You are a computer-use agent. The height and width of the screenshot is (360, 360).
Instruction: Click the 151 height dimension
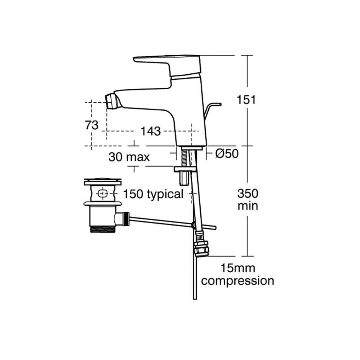246,100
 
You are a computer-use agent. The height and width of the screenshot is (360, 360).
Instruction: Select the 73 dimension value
92,125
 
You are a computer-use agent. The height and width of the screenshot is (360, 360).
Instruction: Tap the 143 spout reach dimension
151,131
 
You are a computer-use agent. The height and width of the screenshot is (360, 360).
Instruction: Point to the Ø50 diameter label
227,154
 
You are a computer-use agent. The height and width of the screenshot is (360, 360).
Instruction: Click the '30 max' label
129,157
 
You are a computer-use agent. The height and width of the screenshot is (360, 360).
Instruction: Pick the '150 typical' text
153,194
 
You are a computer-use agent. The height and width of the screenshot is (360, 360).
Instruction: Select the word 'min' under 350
248,206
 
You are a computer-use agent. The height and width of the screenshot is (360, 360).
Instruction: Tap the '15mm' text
237,268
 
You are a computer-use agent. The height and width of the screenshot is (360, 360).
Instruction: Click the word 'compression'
237,281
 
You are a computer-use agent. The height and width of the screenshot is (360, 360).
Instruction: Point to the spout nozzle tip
110,100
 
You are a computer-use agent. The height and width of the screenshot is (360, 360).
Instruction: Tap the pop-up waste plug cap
103,181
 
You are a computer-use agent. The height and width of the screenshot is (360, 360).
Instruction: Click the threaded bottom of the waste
103,229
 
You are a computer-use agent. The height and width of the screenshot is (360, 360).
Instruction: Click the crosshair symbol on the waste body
101,193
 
